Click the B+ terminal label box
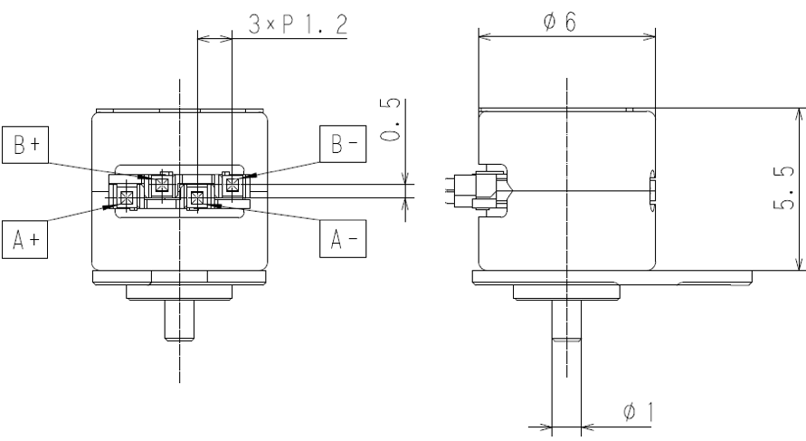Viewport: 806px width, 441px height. pos(25,145)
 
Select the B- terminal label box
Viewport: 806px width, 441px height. pos(343,144)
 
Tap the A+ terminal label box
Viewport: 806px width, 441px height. pos(24,239)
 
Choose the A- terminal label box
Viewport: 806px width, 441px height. pos(343,238)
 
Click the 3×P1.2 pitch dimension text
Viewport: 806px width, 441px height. pos(299,24)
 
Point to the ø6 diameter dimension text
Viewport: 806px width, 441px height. pos(560,22)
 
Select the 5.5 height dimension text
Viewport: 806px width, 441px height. pos(784,189)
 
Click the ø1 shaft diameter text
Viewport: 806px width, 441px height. pos(639,412)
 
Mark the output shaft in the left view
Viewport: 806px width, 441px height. pos(179,320)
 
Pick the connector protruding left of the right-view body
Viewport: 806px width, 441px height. pos(478,190)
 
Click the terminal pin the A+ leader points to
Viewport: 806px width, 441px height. pos(127,197)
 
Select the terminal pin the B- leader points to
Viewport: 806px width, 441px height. pos(232,184)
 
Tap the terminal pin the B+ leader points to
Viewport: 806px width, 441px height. pos(162,184)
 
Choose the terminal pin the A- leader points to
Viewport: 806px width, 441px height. pos(197,197)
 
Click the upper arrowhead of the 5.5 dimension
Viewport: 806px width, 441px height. pos(800,114)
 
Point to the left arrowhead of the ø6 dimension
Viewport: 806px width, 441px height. pos(485,36)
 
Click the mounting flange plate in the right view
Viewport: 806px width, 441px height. pos(612,277)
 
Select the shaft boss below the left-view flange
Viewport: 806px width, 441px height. pos(179,292)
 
